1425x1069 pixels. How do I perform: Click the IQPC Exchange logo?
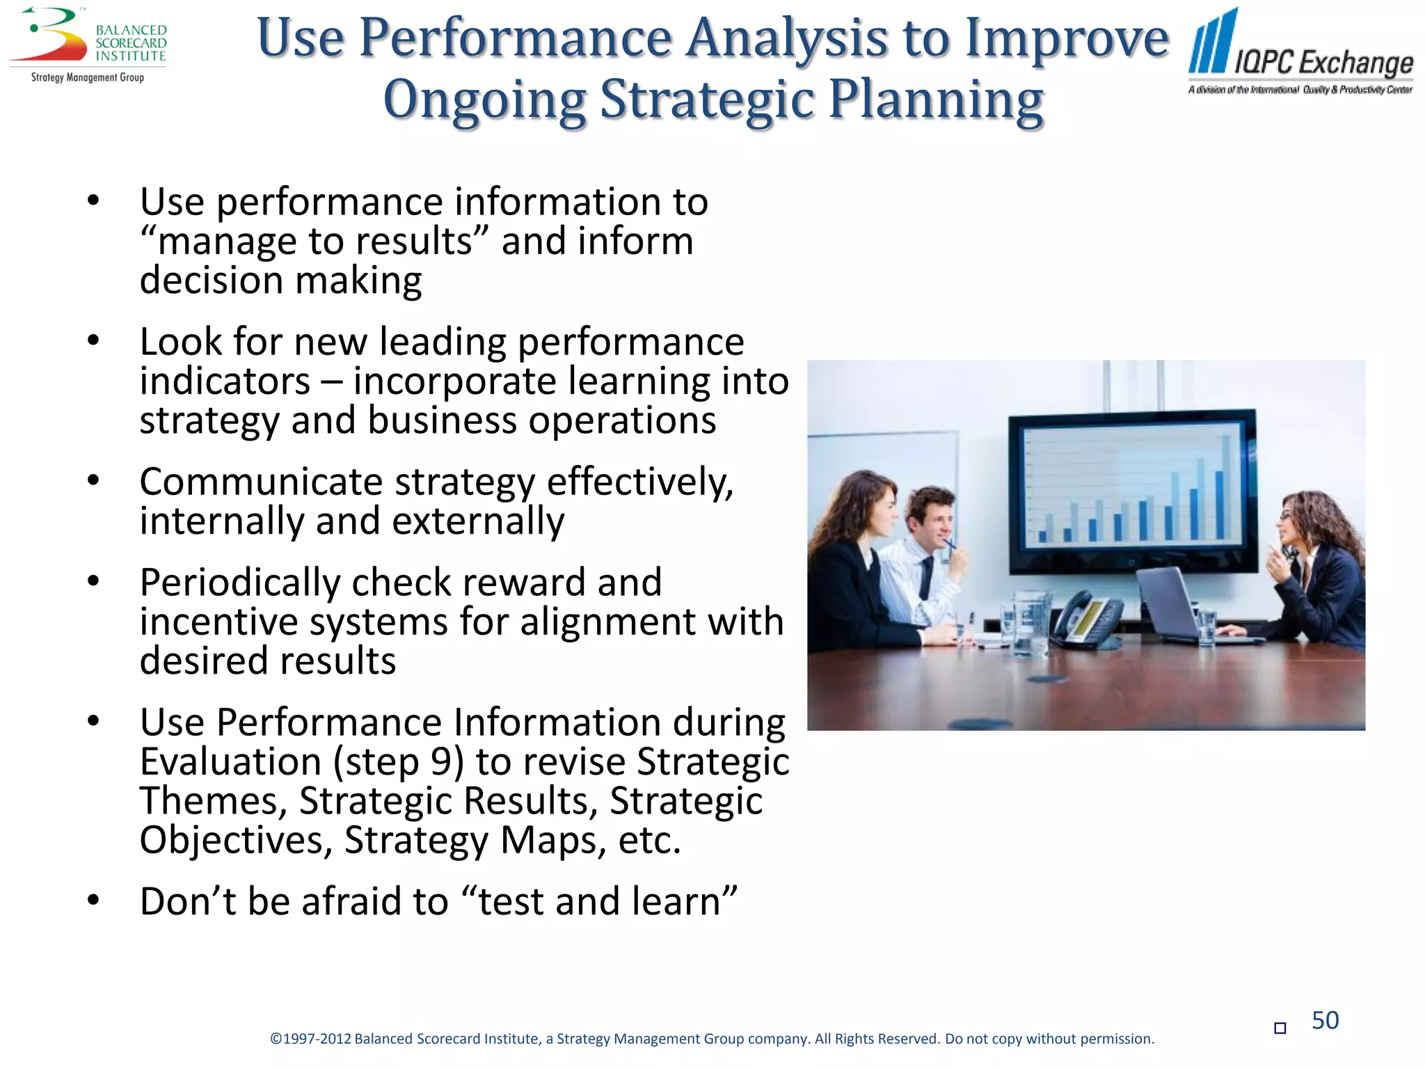coord(1300,52)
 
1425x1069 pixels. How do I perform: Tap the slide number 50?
coord(1325,1020)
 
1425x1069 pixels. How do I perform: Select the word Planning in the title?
coord(936,100)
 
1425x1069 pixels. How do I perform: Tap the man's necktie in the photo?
coord(926,578)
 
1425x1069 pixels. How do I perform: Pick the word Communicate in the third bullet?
coord(261,482)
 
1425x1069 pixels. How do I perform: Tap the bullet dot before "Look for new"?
coord(93,341)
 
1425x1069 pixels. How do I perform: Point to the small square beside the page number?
coord(1280,1028)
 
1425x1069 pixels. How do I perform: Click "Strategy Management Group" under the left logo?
coord(88,77)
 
